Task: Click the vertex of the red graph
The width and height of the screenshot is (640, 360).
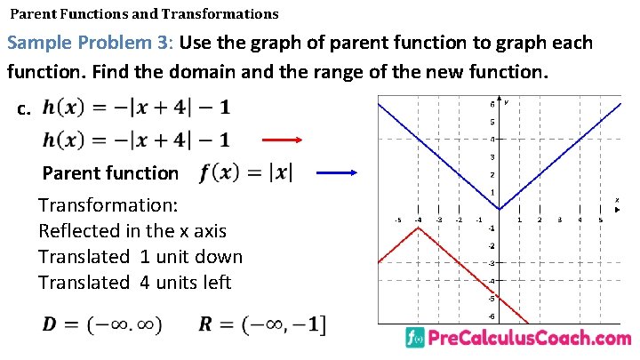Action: coord(418,228)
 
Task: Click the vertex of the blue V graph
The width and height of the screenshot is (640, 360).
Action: coord(499,211)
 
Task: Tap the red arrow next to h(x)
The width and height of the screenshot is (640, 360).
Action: coord(284,140)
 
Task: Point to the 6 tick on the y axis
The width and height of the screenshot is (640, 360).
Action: coord(492,104)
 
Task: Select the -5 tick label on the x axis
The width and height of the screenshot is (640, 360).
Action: coord(397,220)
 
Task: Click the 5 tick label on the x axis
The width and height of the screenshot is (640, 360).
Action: coord(600,220)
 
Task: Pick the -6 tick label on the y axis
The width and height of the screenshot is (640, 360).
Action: coord(492,316)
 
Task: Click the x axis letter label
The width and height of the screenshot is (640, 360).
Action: coord(617,201)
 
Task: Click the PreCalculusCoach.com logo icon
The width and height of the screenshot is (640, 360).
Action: coord(413,339)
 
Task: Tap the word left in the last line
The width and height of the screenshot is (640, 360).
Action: coord(216,283)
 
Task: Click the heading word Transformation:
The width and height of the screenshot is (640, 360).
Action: coord(108,205)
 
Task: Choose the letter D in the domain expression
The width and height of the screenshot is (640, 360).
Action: coord(52,325)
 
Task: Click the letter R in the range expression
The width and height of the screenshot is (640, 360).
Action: coord(206,325)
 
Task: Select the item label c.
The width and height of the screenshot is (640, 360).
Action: coord(24,109)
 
